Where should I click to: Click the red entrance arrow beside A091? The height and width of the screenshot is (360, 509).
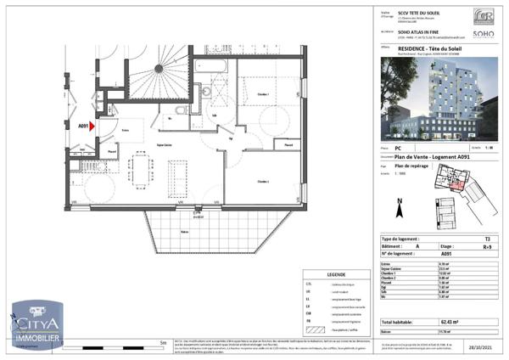(96, 127)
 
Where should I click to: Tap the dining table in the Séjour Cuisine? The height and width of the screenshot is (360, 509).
(137, 171)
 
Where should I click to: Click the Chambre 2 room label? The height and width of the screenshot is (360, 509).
(264, 182)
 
